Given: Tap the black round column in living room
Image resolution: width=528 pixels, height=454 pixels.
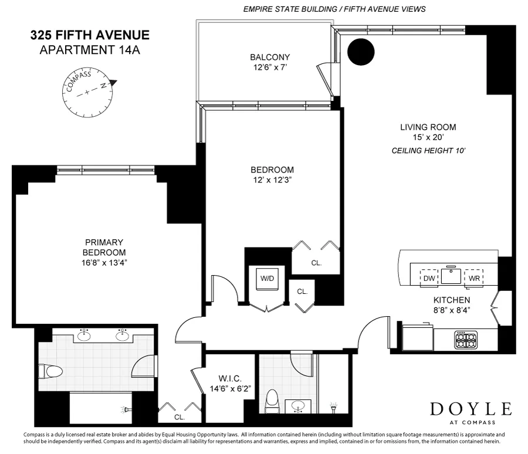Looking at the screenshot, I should [x=361, y=52].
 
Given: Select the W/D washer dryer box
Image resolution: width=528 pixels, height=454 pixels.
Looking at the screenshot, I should [x=268, y=279].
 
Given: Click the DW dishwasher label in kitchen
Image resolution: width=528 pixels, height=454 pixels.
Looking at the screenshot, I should [x=429, y=279].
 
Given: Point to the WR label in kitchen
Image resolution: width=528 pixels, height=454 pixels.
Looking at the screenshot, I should [x=473, y=279].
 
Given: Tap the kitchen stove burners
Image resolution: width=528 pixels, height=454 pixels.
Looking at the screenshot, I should [x=466, y=339].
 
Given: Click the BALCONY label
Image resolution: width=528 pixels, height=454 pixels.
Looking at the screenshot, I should [x=270, y=57].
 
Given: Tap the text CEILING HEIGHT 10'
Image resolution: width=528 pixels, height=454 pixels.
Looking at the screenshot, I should [x=428, y=151].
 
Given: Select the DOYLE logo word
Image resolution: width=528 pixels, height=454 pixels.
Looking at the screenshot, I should [x=471, y=409].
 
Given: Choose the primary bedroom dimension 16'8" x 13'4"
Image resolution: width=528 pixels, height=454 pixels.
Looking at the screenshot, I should [x=104, y=262].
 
